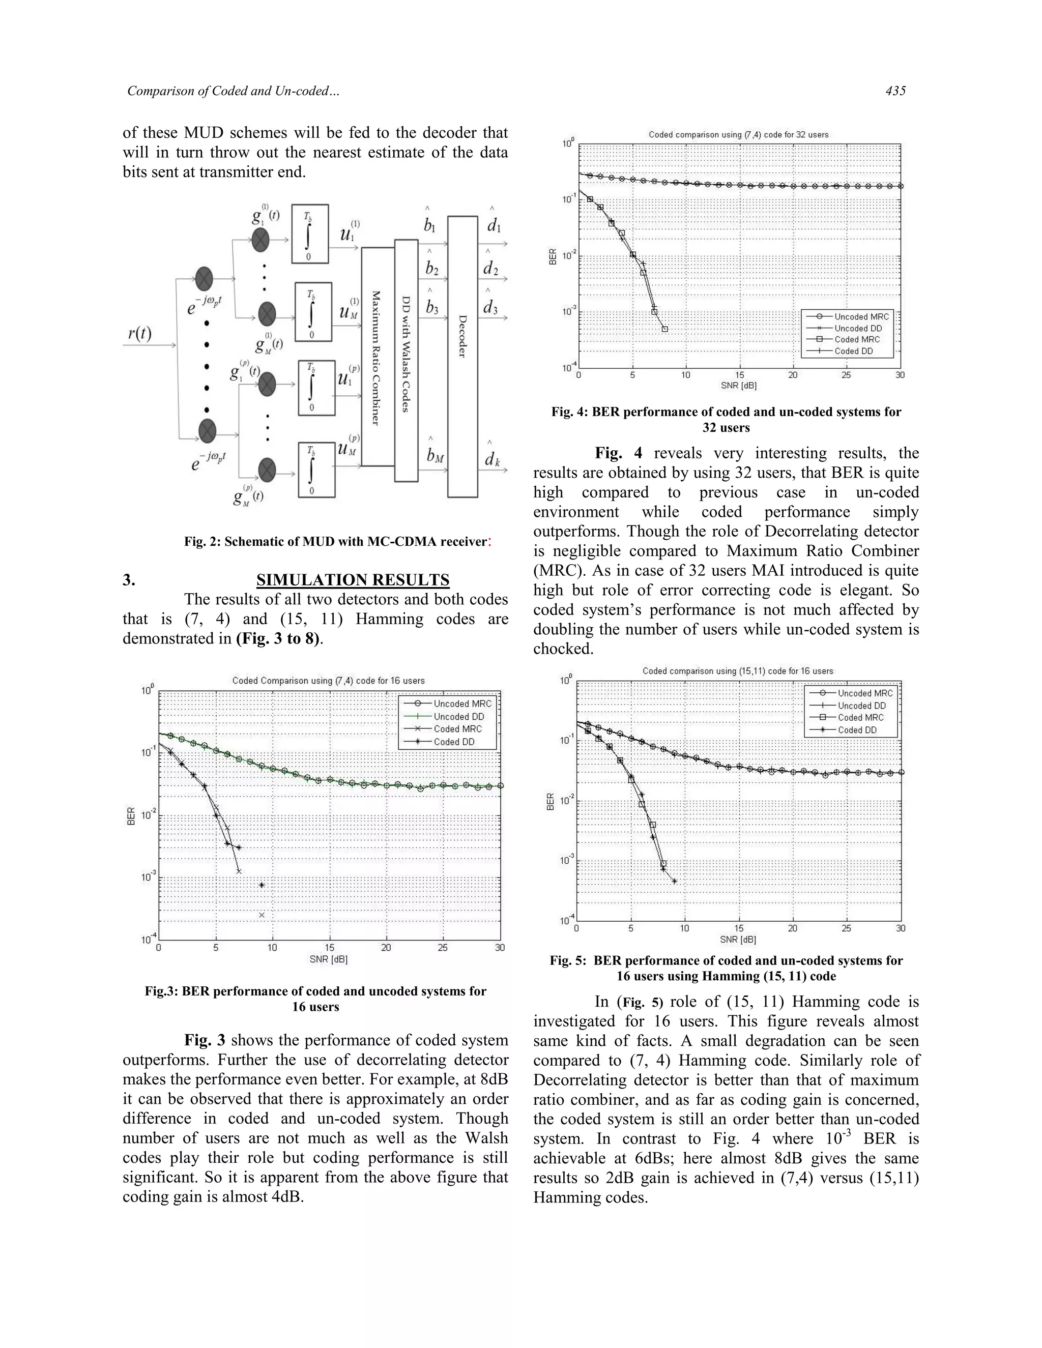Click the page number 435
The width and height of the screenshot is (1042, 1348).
(895, 91)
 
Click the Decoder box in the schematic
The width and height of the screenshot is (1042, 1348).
(462, 356)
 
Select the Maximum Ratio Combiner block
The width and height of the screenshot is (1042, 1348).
(377, 357)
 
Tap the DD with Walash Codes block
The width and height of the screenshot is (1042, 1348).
(406, 361)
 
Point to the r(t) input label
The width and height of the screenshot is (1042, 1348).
(140, 334)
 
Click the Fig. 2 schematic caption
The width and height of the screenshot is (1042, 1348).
(337, 541)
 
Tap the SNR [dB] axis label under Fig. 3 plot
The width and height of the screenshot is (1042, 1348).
(328, 959)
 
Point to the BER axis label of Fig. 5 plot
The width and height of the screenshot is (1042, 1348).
(550, 801)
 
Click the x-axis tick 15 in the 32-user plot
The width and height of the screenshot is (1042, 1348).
(739, 375)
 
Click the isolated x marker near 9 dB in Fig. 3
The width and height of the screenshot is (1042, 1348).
(262, 915)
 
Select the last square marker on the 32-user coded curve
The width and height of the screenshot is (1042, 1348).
(665, 329)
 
